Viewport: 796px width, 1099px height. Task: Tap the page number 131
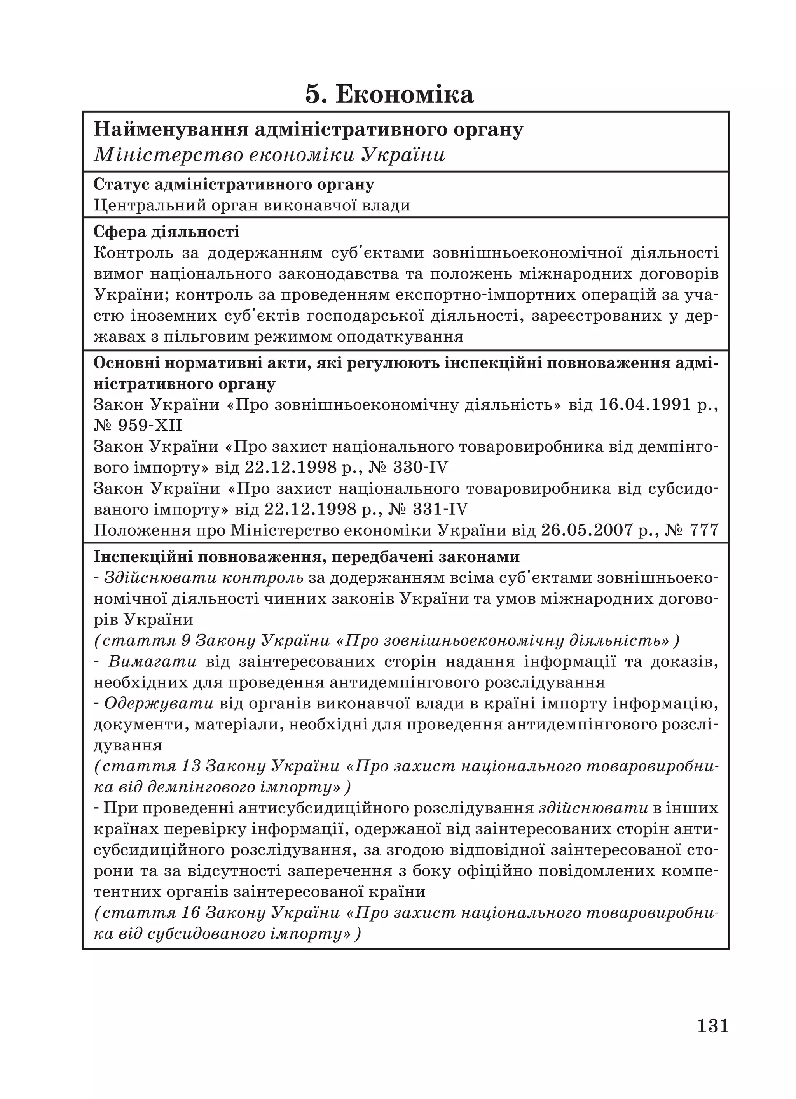click(x=713, y=1026)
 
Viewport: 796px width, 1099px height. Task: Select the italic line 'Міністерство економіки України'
click(x=269, y=155)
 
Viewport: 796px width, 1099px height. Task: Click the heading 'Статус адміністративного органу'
click(x=233, y=185)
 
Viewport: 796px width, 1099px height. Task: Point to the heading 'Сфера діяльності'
click(x=166, y=231)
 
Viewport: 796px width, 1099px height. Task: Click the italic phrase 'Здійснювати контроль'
click(x=204, y=578)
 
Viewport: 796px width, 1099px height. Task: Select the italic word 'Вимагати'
click(x=152, y=661)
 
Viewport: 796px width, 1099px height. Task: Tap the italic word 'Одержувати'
click(x=159, y=703)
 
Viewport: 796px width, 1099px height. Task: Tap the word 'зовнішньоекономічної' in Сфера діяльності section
click(x=526, y=253)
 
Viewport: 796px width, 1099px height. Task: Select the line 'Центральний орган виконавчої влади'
click(x=252, y=205)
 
